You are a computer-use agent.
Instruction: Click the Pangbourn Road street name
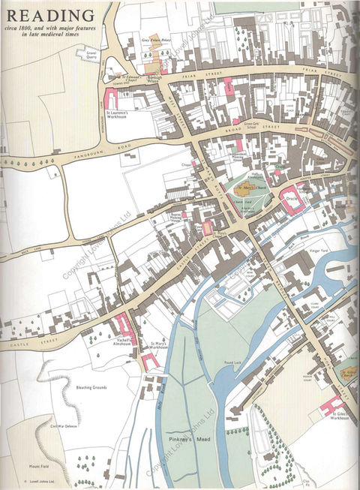click(82, 152)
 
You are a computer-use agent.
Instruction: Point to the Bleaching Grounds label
click(89, 388)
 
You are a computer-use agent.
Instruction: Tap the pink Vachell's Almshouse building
click(123, 325)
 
